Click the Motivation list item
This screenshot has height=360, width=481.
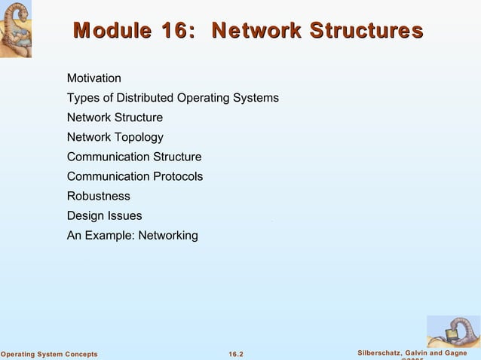93,78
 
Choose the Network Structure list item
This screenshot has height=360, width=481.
115,117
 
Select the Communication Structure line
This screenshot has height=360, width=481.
134,157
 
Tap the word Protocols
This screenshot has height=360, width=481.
178,176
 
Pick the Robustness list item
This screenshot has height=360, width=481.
98,196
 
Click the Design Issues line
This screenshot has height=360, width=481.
104,216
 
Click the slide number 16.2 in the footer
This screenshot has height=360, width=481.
236,354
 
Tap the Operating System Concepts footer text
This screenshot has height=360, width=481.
49,354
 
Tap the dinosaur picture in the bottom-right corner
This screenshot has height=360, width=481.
452,331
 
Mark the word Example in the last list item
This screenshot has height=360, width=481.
108,236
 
